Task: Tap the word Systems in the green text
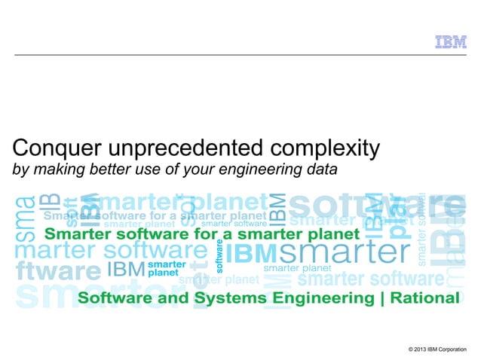click(227, 298)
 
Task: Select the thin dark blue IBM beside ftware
click(124, 269)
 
